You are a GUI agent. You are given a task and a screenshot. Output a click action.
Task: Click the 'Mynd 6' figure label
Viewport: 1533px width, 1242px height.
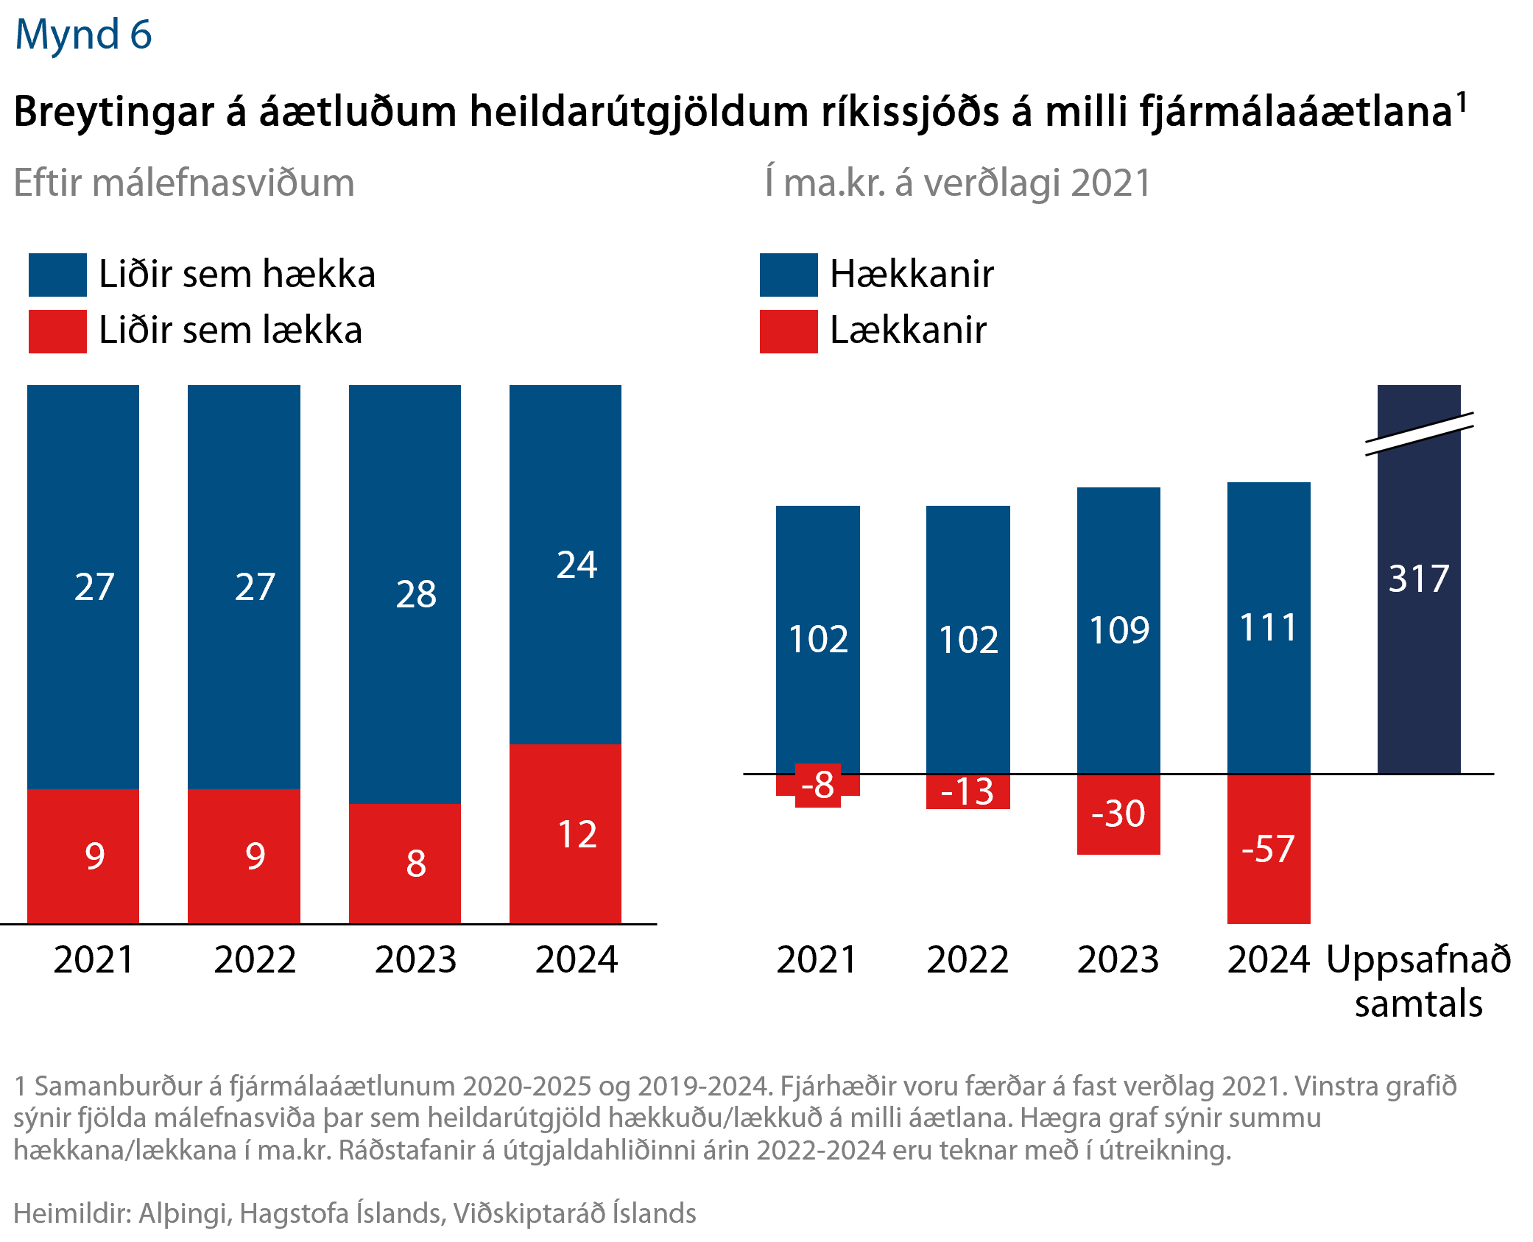click(x=83, y=35)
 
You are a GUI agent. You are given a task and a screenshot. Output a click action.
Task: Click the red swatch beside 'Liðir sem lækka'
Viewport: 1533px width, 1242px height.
click(x=57, y=331)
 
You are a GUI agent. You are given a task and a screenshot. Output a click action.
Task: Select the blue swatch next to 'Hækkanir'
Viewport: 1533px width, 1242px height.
click(x=788, y=275)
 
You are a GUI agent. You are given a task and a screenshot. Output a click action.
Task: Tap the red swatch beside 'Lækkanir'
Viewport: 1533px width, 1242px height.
click(x=788, y=331)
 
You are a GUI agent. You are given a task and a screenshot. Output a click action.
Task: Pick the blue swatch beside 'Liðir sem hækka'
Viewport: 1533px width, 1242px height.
click(x=57, y=275)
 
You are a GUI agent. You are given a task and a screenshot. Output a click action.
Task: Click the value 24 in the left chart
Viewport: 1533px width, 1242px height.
click(x=577, y=565)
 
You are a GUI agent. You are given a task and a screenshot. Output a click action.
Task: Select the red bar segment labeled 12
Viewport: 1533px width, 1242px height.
click(x=565, y=833)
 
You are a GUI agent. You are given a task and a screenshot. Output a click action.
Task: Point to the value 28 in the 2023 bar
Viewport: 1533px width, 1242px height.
click(x=416, y=594)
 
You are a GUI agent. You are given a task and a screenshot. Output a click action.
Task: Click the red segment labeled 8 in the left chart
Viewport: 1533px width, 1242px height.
click(x=405, y=863)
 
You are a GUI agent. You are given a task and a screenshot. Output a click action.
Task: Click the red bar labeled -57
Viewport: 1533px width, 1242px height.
click(x=1268, y=849)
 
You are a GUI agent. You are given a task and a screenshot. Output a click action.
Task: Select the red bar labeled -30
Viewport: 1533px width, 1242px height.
click(x=1118, y=814)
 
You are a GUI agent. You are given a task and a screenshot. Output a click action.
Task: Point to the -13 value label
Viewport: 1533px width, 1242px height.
click(x=968, y=792)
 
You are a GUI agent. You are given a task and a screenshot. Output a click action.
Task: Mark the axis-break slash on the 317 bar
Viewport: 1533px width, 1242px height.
click(x=1419, y=434)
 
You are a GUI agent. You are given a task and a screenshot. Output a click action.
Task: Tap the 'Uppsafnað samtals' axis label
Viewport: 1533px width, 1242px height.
click(x=1418, y=981)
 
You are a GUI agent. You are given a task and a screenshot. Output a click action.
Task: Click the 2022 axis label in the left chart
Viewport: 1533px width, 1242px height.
click(x=255, y=959)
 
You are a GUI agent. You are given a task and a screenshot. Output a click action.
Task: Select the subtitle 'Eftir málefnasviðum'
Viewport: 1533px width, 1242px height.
click(x=184, y=183)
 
